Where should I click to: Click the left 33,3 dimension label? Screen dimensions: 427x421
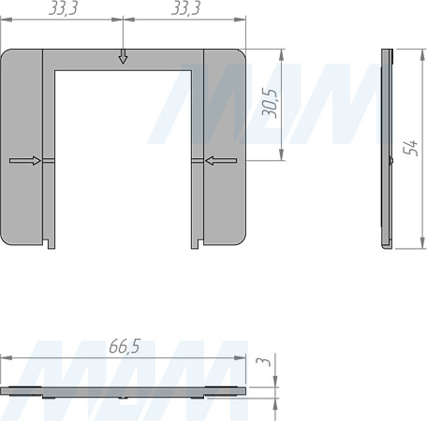click(64, 8)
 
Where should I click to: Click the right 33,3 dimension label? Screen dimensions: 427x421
click(185, 8)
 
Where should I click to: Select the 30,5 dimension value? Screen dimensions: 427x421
click(270, 104)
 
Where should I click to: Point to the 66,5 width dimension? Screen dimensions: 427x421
click(125, 346)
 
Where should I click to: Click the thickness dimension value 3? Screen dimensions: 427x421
click(264, 361)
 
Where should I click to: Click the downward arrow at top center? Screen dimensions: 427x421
click(123, 56)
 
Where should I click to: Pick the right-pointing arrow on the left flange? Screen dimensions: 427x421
click(25, 161)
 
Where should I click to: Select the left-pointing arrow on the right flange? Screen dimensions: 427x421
click(221, 161)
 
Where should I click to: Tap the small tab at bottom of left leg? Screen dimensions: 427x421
click(52, 244)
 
